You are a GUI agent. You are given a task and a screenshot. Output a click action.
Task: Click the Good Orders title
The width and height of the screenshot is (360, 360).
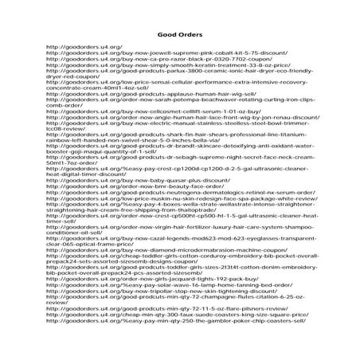[180, 36]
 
